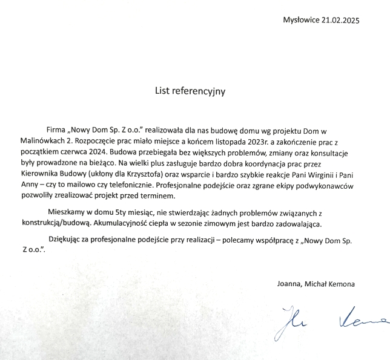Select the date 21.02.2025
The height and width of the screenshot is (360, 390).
point(342,20)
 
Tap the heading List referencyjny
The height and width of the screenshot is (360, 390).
point(191,91)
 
